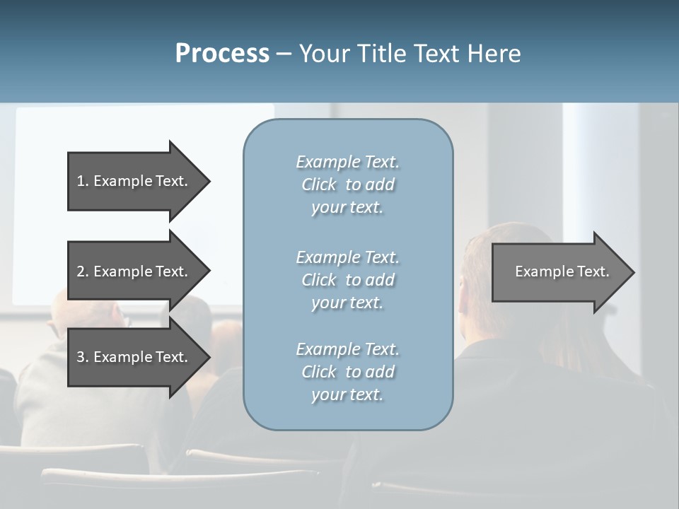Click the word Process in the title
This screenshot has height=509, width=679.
point(222,54)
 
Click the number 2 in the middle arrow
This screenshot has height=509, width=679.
point(81,271)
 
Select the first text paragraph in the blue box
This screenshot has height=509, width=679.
point(347,185)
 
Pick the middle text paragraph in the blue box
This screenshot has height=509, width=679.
point(347,280)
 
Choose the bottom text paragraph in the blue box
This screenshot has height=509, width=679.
point(347,372)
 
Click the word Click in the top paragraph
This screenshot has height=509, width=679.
point(319,185)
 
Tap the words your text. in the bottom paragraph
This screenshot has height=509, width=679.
point(347,394)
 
